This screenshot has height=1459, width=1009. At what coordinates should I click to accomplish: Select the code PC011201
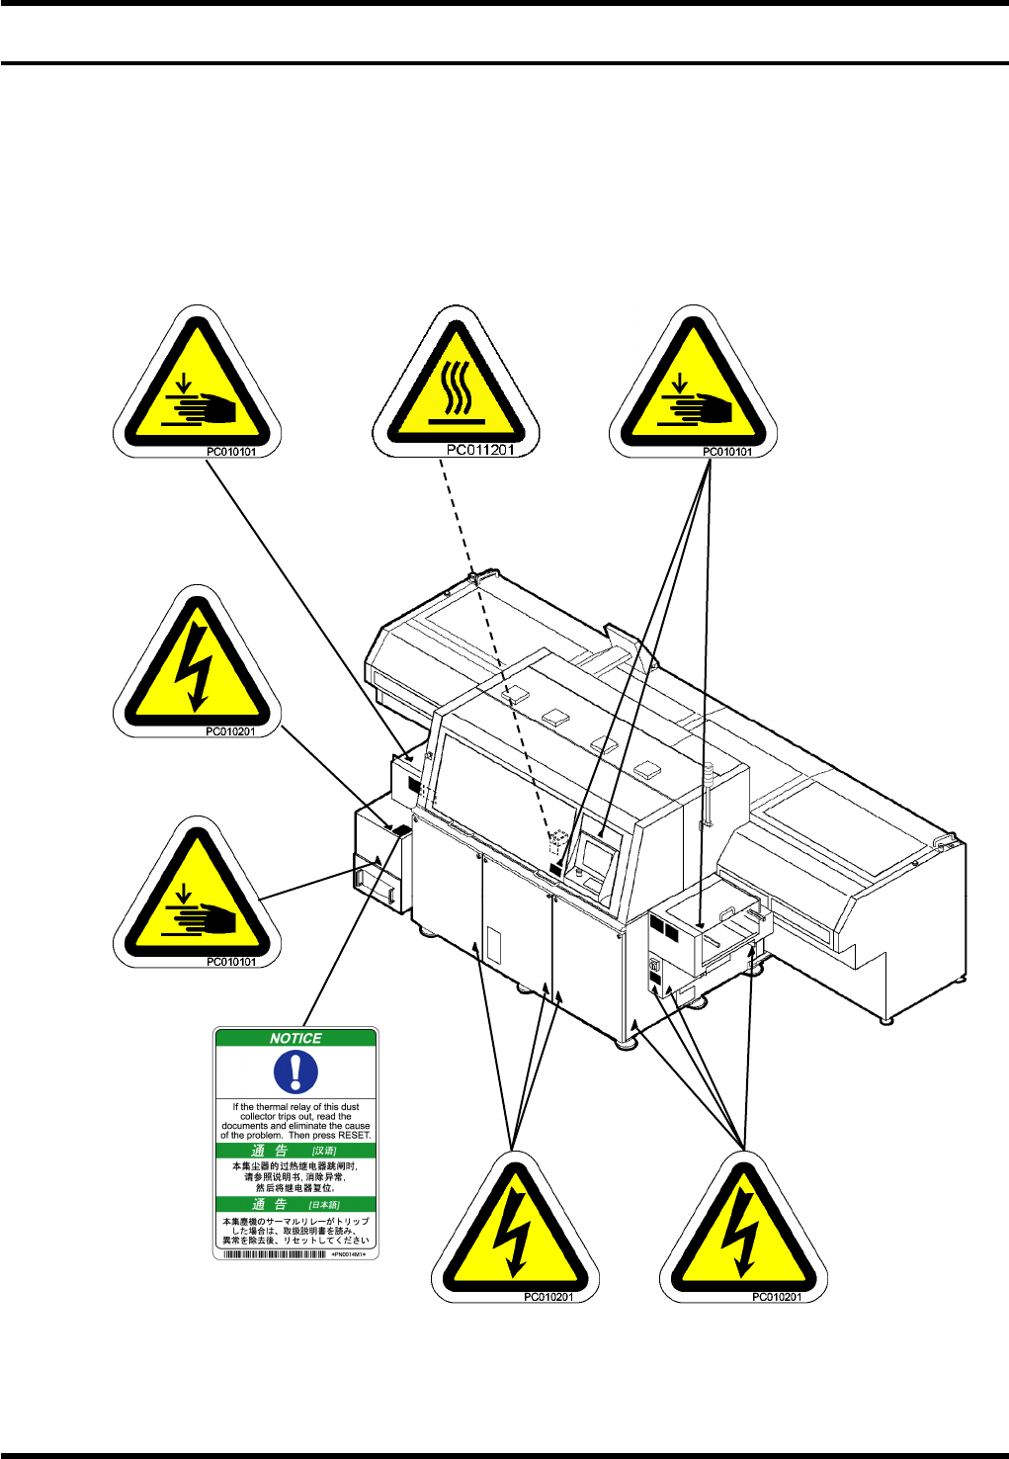pos(480,451)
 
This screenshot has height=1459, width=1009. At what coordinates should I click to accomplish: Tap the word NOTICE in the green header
pos(295,1038)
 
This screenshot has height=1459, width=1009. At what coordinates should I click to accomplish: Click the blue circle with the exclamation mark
pos(295,1072)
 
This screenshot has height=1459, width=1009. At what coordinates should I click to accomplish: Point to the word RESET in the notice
pos(353,1135)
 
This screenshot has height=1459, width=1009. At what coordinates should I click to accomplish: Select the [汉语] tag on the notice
pos(324,1151)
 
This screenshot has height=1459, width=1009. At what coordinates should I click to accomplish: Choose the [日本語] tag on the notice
pos(324,1204)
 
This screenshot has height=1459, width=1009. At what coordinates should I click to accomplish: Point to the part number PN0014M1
pos(350,1253)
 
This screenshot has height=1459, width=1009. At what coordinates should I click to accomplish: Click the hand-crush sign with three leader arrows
pos(693,386)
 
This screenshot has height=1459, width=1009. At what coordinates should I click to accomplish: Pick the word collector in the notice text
pos(258,1116)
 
